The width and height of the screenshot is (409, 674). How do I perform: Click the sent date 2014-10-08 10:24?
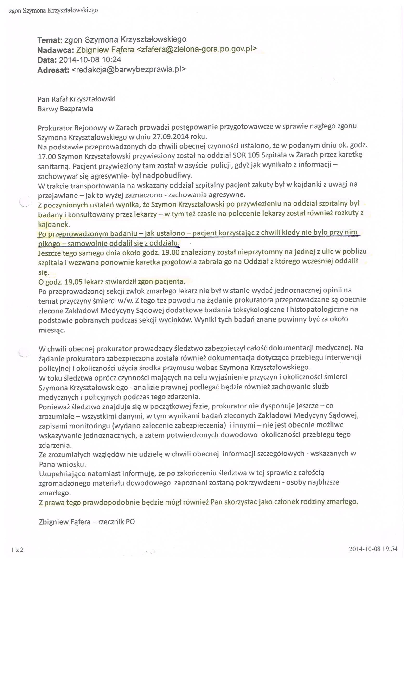pos(90,60)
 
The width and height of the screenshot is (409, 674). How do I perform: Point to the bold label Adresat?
pos(53,70)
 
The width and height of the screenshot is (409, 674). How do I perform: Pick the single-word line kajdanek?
pos(54,225)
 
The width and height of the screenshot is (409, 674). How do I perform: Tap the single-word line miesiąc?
pos(52,330)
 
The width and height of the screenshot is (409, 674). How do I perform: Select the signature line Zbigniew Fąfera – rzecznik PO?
pos(87,522)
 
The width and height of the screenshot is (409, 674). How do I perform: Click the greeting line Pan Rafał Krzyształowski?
pos(77,99)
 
